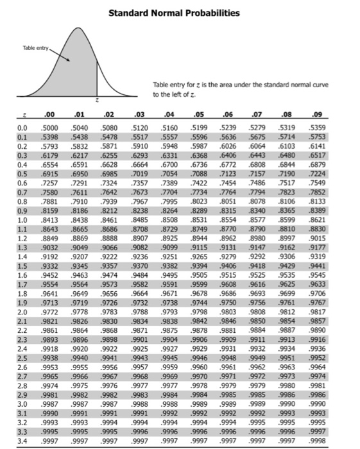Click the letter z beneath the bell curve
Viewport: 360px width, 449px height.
(96, 101)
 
